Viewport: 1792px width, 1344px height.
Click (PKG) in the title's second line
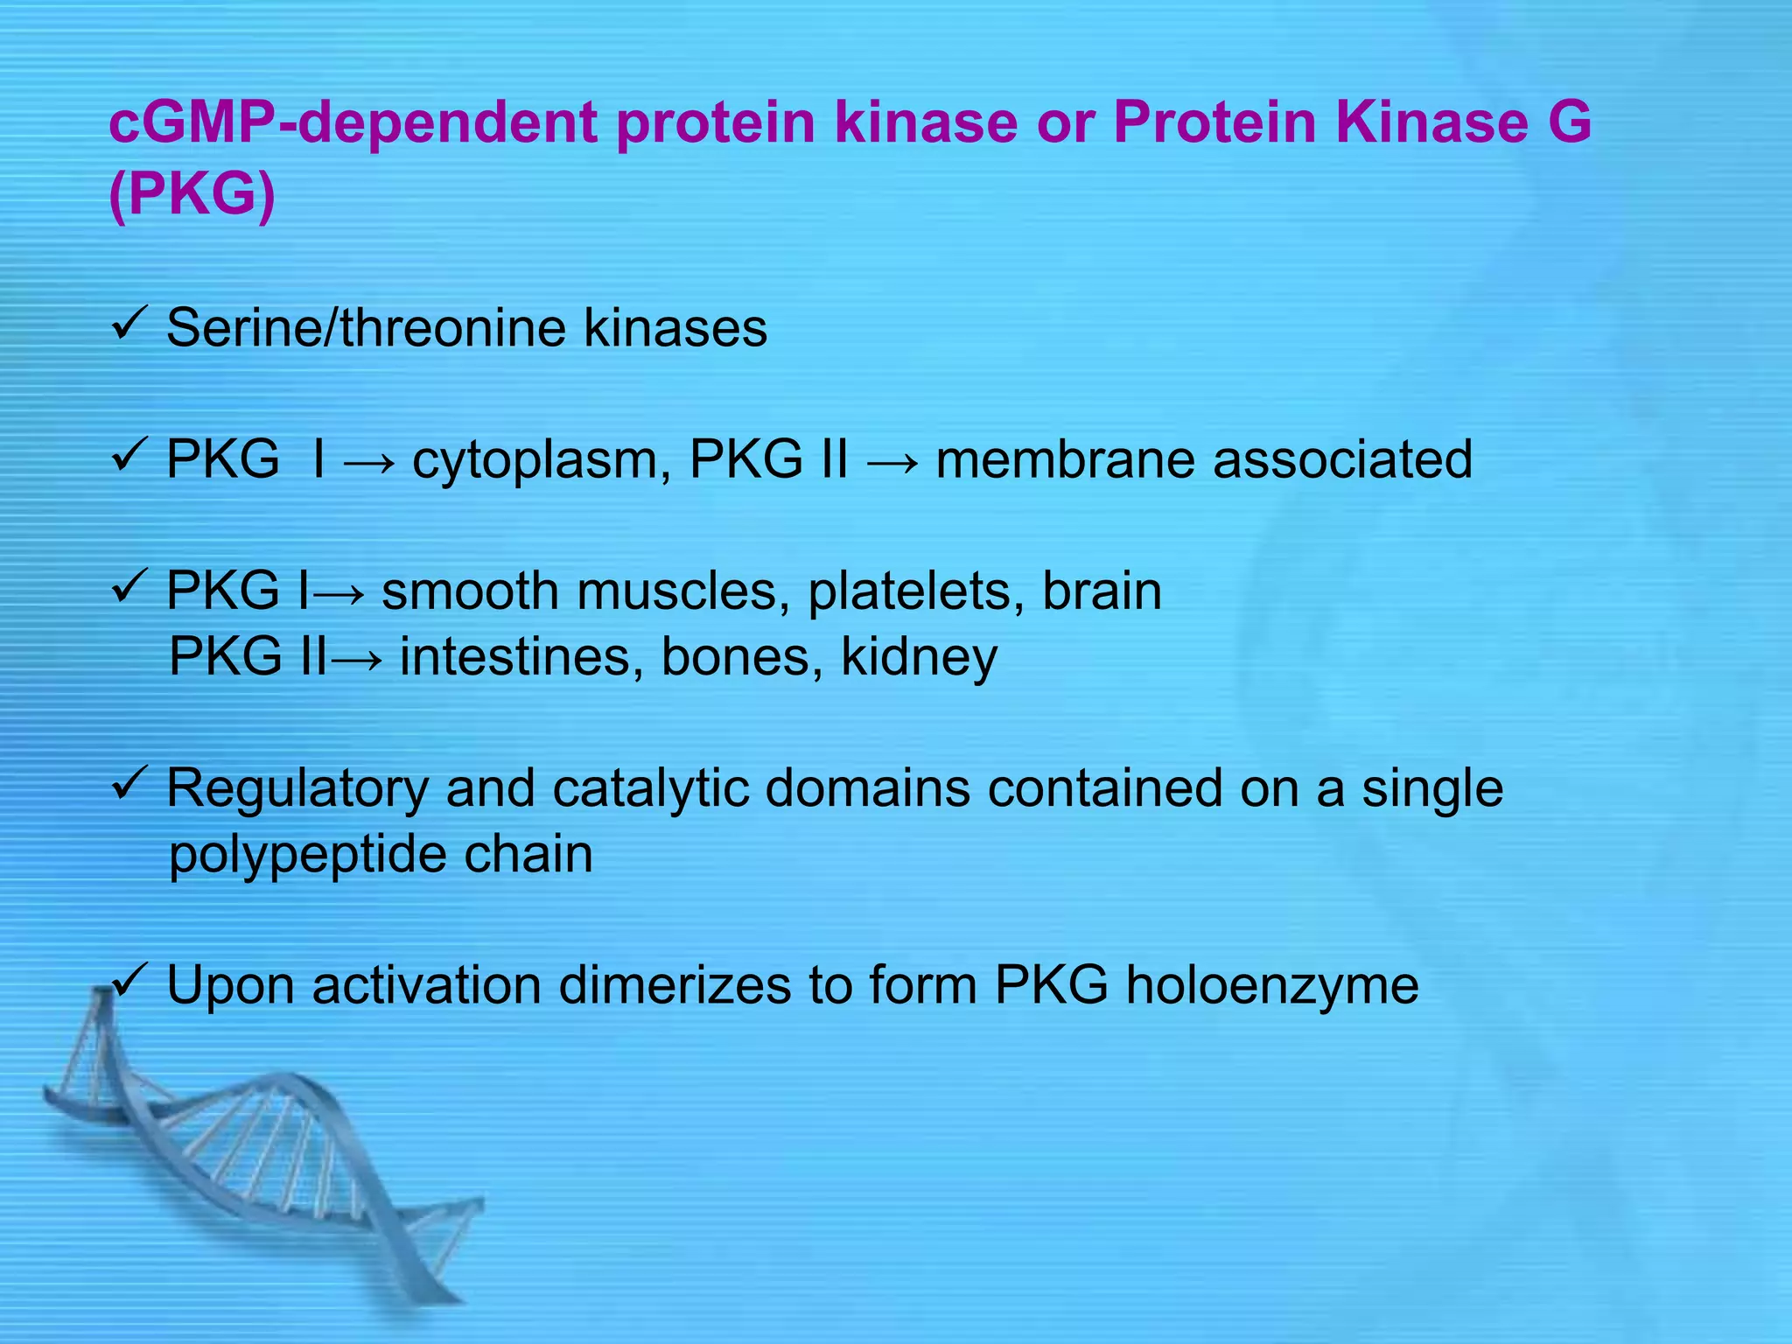(192, 194)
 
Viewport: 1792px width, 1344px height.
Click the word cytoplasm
(535, 460)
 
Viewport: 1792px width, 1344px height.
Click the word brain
(1102, 591)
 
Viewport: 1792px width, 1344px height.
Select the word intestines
(514, 656)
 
